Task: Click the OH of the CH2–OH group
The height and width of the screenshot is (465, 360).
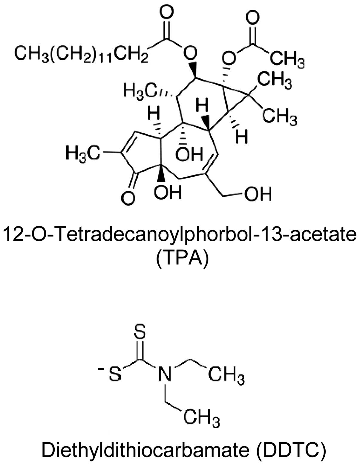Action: point(258,194)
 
